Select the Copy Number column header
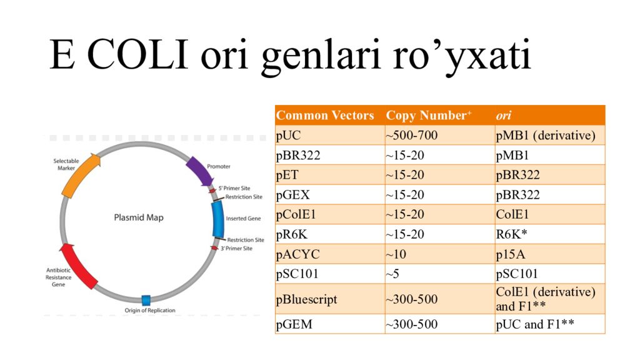(429, 116)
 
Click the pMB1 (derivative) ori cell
(545, 136)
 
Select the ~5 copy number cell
(392, 274)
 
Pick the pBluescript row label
(306, 299)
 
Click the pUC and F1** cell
(535, 324)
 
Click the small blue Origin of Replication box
(146, 299)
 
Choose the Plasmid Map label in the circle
(138, 218)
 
